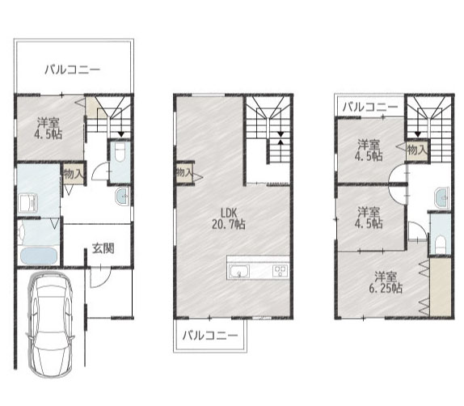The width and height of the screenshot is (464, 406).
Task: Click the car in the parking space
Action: (50, 325)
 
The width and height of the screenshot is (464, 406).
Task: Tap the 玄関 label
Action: (103, 248)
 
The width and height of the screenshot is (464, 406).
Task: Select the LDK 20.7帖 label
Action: (229, 218)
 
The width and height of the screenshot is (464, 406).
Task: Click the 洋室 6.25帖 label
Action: (386, 282)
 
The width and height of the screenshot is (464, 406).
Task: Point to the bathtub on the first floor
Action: (39, 256)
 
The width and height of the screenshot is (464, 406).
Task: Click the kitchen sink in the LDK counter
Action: (239, 272)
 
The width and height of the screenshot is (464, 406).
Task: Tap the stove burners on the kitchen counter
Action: (280, 271)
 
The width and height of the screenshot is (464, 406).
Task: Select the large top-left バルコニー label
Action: (73, 70)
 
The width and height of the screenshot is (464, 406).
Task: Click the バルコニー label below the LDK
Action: (210, 336)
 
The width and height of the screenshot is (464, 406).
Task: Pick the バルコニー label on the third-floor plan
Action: (370, 108)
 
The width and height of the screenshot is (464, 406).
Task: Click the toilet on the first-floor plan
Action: (120, 153)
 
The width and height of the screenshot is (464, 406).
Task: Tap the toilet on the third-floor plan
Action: (441, 243)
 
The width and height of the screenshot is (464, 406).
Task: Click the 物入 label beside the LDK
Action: (184, 172)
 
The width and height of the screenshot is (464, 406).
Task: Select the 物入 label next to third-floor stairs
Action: (417, 150)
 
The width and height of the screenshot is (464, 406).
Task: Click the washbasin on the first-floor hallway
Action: (122, 196)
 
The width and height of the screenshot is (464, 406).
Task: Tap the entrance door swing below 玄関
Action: (100, 277)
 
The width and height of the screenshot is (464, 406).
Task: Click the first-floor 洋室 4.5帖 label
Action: (49, 129)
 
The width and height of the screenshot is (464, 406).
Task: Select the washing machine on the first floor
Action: (29, 203)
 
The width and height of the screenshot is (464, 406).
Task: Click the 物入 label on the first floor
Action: (74, 174)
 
